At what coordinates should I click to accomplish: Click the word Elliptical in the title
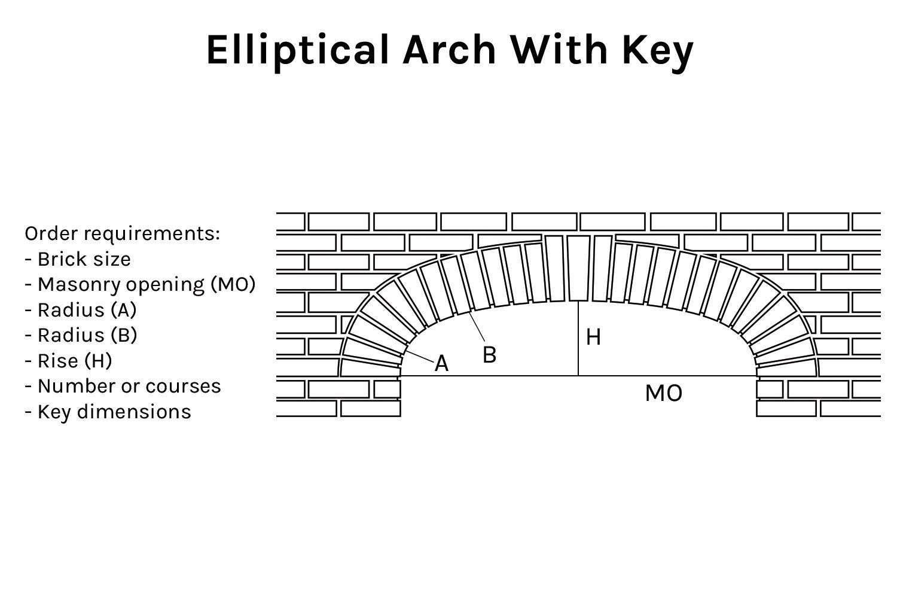[x=297, y=50]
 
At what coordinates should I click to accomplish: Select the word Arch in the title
[x=449, y=50]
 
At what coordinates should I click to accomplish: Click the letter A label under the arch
[x=441, y=363]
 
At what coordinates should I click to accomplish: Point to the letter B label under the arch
[x=489, y=355]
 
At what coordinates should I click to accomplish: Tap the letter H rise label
[x=593, y=337]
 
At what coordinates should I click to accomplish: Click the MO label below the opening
[x=664, y=394]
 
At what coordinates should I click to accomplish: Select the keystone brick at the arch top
[x=578, y=267]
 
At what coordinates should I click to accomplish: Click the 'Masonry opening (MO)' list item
[x=141, y=284]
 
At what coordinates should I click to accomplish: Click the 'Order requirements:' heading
[x=122, y=233]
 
